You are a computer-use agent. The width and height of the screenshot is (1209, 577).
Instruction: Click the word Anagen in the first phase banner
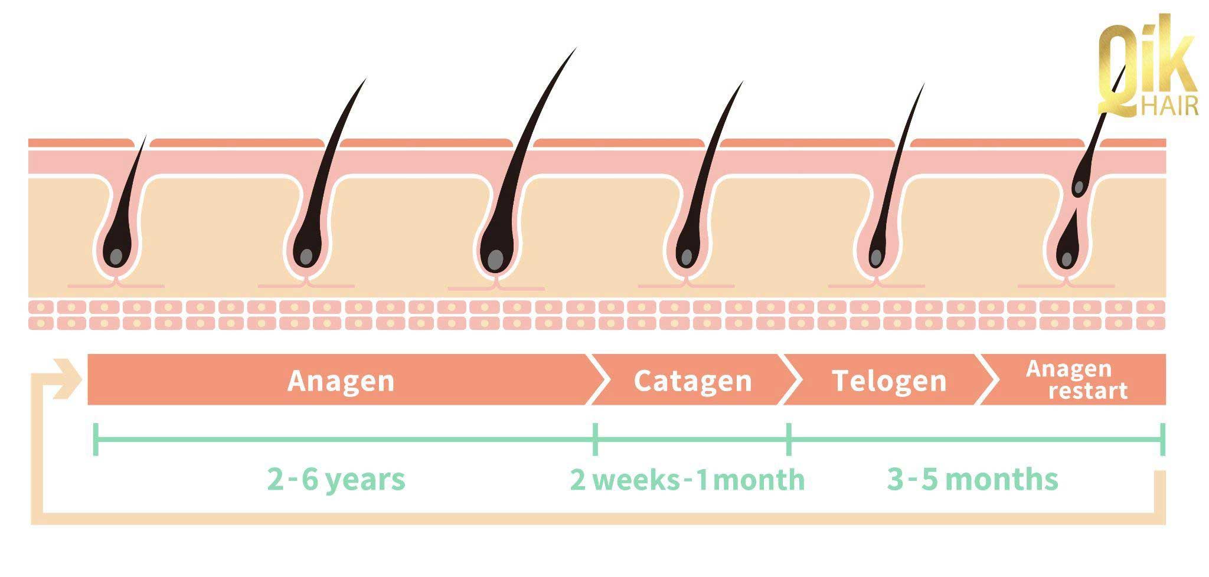(x=341, y=381)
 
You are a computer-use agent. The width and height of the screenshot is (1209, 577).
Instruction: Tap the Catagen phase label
(x=692, y=381)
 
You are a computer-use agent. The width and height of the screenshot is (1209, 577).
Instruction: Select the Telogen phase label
(x=889, y=381)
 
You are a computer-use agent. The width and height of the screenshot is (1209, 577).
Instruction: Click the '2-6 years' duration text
(x=336, y=479)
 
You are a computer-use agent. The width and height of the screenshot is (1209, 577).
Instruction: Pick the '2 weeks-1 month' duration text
(x=687, y=479)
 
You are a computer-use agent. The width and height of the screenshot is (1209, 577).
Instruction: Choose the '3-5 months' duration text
(x=972, y=479)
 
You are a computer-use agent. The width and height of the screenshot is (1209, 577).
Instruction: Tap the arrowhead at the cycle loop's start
(x=67, y=378)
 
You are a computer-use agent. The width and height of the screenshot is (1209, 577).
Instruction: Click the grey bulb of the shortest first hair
(x=116, y=257)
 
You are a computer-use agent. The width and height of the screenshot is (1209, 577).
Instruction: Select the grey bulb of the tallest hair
(x=496, y=259)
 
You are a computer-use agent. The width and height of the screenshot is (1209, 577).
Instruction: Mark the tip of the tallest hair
(x=574, y=50)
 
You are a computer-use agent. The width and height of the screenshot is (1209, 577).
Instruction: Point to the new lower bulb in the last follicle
(x=1067, y=258)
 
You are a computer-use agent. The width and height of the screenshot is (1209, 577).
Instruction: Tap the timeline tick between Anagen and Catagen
(x=595, y=439)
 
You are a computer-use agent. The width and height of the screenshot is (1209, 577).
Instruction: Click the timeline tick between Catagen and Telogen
(x=789, y=439)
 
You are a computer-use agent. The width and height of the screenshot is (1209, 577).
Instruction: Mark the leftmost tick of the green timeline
(x=96, y=439)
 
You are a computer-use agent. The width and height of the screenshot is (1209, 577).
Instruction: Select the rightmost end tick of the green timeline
(x=1162, y=439)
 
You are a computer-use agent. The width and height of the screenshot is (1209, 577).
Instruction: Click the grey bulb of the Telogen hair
(x=876, y=257)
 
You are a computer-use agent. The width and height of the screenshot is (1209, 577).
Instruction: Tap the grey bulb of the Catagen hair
(x=687, y=257)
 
